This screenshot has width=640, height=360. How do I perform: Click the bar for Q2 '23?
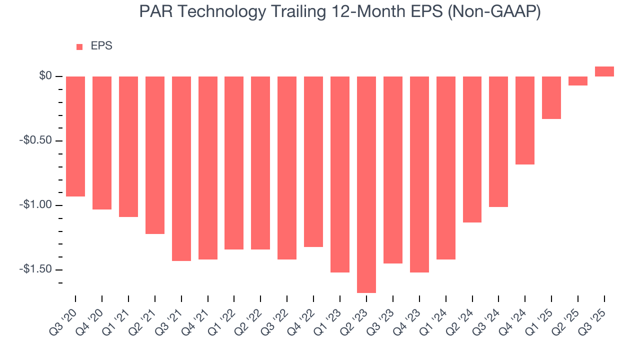coord(366,184)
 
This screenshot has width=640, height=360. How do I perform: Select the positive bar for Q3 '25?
coord(604,71)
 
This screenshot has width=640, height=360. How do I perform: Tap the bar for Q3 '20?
coord(75,136)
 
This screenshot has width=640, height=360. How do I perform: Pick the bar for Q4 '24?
coord(525,120)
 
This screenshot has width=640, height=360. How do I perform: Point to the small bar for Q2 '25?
coord(577,81)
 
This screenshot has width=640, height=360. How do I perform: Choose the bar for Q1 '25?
coord(551,97)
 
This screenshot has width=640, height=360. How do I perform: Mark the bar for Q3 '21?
coord(181,168)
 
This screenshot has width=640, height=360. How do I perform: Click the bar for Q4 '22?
coord(313,161)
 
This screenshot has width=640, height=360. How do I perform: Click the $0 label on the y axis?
coord(46,76)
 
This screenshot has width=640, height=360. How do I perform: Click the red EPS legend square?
coord(79,46)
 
